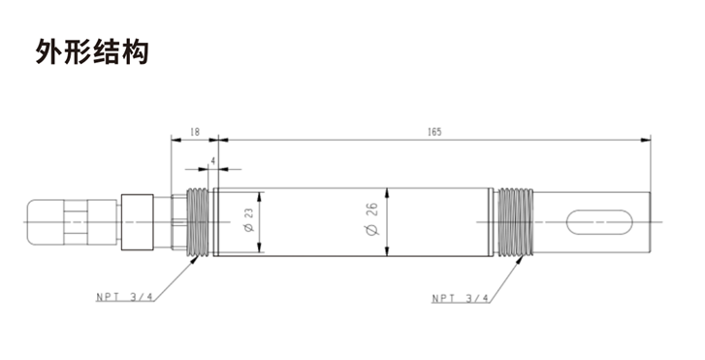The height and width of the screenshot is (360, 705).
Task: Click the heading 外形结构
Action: click(x=91, y=51)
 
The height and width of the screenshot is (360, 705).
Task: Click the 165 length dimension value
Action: click(x=433, y=130)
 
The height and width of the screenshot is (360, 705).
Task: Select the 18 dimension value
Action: click(x=195, y=130)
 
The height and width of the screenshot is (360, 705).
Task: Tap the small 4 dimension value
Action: click(x=212, y=159)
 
